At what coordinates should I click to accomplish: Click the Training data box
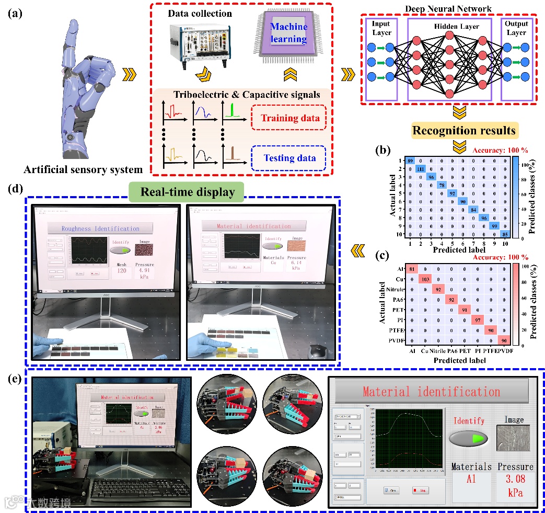[288, 118]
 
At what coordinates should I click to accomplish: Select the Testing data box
[288, 157]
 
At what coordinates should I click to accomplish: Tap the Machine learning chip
[288, 32]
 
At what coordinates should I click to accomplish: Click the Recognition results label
[462, 130]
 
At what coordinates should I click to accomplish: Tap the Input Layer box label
[381, 28]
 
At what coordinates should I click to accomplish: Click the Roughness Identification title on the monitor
[100, 228]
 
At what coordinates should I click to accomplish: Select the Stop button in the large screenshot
[420, 491]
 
